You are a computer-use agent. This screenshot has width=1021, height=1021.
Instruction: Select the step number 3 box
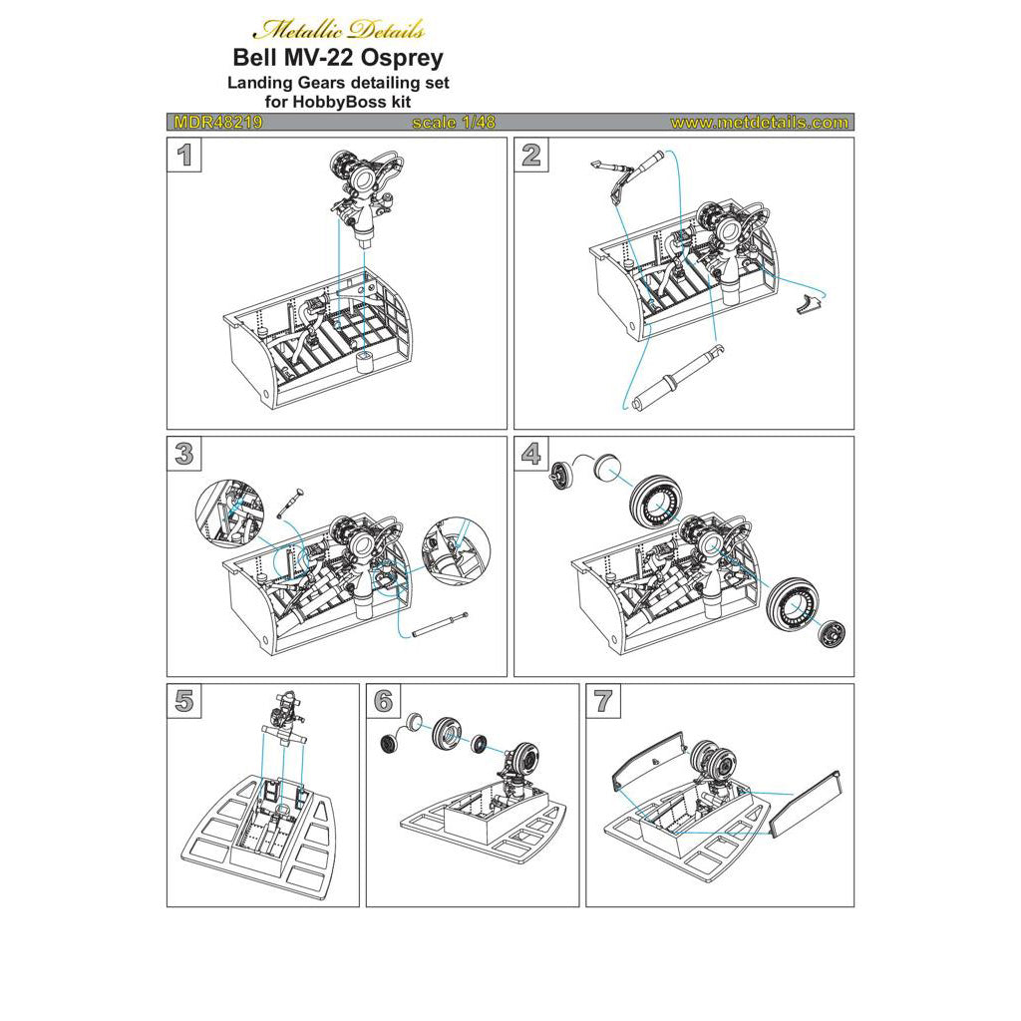pyautogui.click(x=183, y=454)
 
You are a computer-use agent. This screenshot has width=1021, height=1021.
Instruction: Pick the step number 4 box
pyautogui.click(x=530, y=454)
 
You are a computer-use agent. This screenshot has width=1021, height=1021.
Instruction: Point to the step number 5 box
pyautogui.click(x=183, y=701)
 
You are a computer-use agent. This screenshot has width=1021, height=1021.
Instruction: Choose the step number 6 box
pyautogui.click(x=383, y=701)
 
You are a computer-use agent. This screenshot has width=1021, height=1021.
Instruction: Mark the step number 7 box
pyautogui.click(x=602, y=701)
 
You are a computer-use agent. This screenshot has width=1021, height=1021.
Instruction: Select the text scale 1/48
pyautogui.click(x=453, y=123)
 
